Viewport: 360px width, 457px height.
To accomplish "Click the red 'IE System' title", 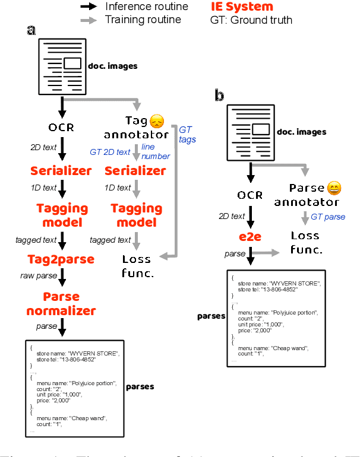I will coord(242,7).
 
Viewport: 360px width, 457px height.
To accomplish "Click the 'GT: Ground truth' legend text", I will coord(251,20).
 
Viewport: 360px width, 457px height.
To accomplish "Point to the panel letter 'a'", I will coord(31,30).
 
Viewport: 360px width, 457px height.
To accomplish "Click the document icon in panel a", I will coord(62,66).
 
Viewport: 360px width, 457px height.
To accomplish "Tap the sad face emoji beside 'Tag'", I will coord(156,122).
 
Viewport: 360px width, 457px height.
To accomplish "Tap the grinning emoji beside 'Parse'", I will coord(334,189).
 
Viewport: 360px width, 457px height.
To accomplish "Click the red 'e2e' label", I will coord(251,238).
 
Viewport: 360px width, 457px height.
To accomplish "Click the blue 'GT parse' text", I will coord(327,217).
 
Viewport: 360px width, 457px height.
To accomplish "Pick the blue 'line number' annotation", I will coord(156,152).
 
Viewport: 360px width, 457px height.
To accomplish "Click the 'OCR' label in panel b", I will coord(250,195).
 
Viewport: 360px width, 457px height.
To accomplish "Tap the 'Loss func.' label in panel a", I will coord(137,265).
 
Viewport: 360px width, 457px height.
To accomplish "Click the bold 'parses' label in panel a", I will coord(140,386).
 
